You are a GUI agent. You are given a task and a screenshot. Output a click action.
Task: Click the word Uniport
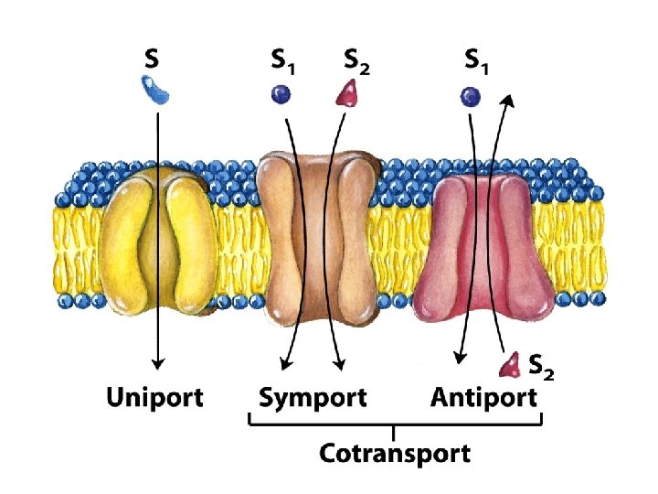click(x=154, y=399)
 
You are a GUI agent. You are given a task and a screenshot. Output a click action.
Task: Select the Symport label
click(x=312, y=399)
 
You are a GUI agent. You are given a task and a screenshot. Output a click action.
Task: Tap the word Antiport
click(x=483, y=399)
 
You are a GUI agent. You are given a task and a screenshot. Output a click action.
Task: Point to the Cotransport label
click(x=395, y=452)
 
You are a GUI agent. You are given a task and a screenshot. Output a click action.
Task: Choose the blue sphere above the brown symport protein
click(x=280, y=92)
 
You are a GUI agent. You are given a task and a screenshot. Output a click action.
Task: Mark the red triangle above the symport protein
click(x=348, y=92)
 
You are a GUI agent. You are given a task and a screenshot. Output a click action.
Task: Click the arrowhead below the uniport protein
click(x=157, y=362)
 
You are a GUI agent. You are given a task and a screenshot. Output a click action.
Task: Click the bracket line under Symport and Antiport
click(x=395, y=424)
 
